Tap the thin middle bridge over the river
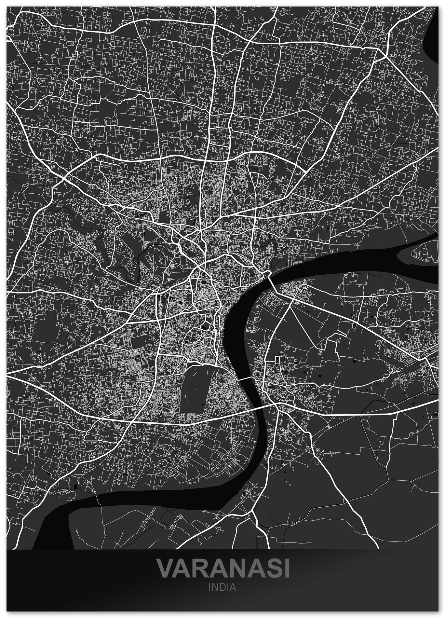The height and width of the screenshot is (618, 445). tap(247, 378)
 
